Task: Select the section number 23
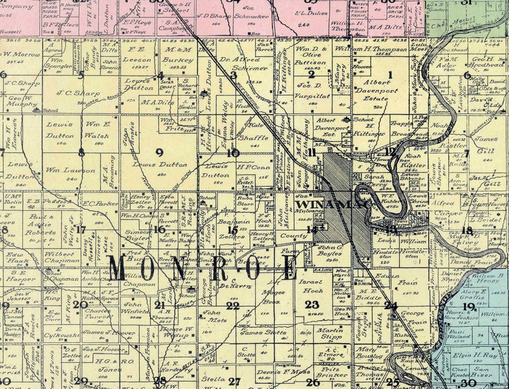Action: [312, 304]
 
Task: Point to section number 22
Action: [232, 306]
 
